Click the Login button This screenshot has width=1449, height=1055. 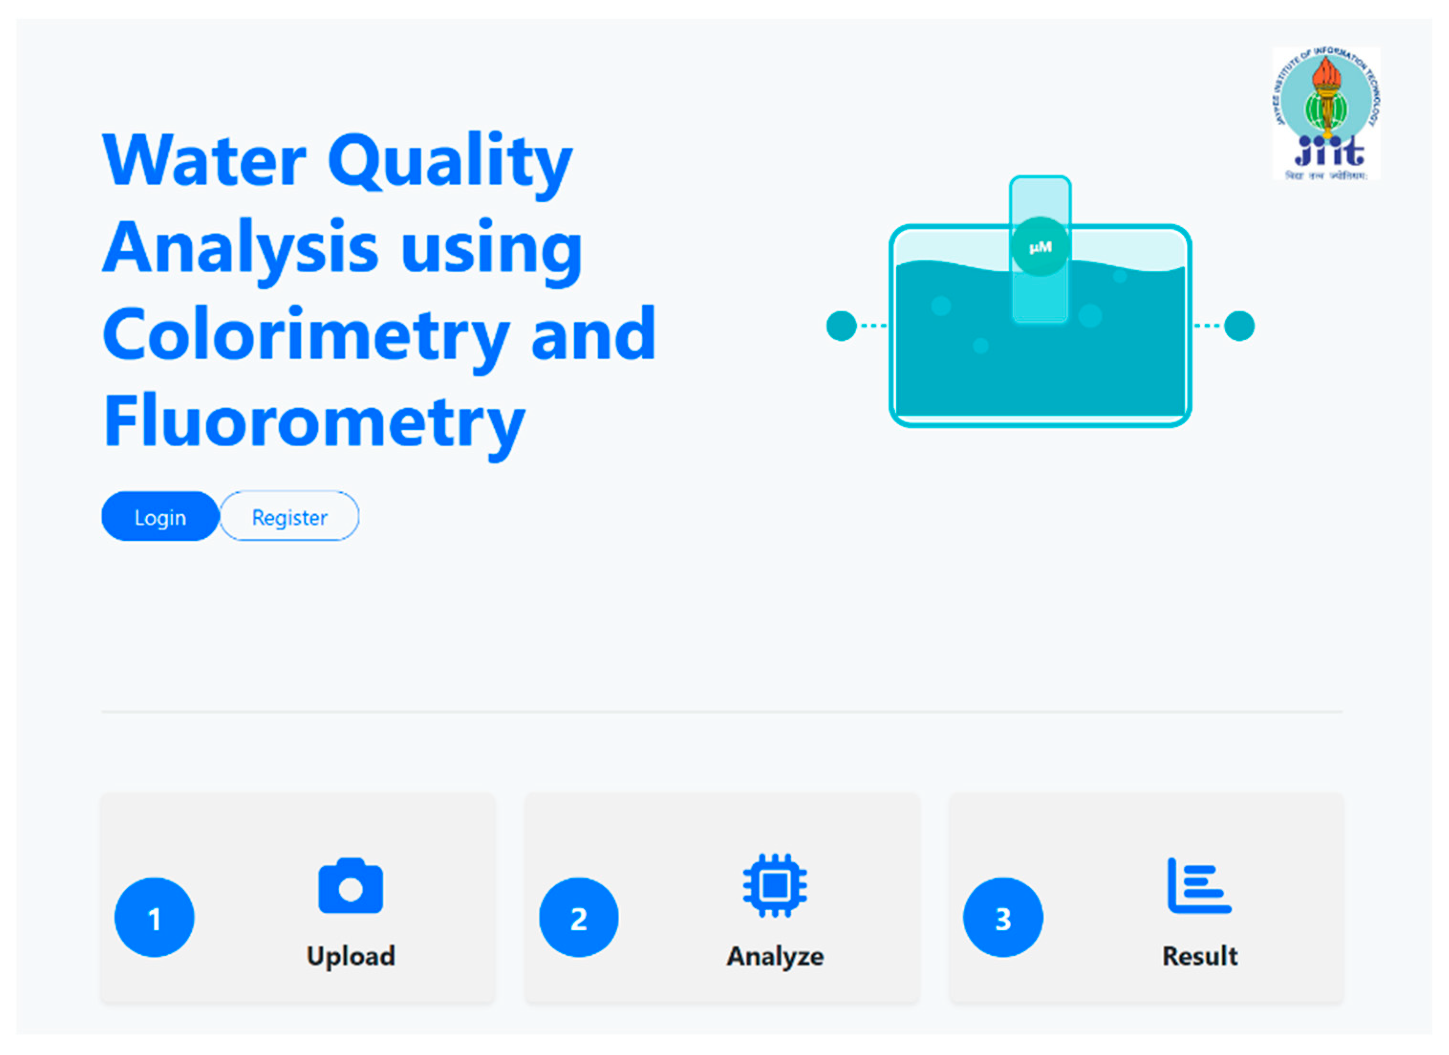pos(160,517)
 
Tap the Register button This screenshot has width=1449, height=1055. pos(290,517)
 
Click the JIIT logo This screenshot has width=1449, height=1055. pos(1326,114)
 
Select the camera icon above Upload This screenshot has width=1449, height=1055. pos(351,886)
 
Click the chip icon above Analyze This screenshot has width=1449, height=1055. pos(774,886)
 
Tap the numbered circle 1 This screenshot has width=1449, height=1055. pos(154,917)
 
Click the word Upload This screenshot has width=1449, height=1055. pos(351,956)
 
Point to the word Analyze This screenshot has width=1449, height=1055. pos(775,956)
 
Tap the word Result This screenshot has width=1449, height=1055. pos(1199,956)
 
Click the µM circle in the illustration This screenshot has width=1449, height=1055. pos(1040,247)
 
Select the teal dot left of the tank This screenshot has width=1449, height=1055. pos(841,326)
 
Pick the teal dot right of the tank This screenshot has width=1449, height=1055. pos(1239,326)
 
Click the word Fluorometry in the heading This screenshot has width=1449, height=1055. pos(314,422)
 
